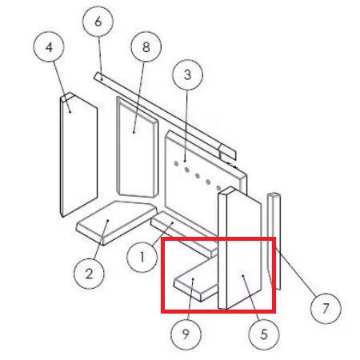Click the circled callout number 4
pos(49,47)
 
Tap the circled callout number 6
pos(98,22)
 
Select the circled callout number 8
pos(146,46)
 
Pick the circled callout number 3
pos(188,74)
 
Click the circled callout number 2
pos(89,274)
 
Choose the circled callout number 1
pos(142,257)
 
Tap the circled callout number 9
pos(186,334)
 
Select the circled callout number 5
pos(264,334)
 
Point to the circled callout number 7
pos(326,308)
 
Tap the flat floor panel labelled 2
pos(117,222)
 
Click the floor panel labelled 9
pos(196,282)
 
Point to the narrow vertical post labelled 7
pos(274,242)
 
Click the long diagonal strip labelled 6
pos(165,117)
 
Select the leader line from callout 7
pos(296,272)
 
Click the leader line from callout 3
pos(186,126)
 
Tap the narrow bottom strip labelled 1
pos(185,234)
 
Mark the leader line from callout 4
pos(62,87)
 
